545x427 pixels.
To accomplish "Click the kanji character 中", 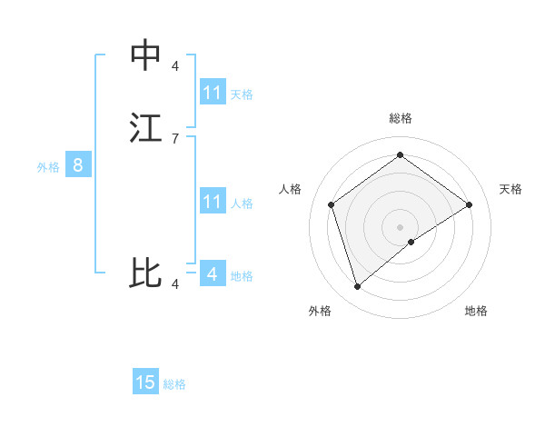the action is pyautogui.click(x=145, y=55).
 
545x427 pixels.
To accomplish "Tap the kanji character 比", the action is pyautogui.click(x=145, y=273).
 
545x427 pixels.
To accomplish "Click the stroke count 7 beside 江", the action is pyautogui.click(x=174, y=138).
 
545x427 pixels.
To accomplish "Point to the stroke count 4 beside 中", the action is pyautogui.click(x=174, y=66).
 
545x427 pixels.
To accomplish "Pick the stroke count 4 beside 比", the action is pyautogui.click(x=174, y=284).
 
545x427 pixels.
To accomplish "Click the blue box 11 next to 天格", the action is pyautogui.click(x=213, y=93).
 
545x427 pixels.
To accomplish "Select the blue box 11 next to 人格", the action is pyautogui.click(x=213, y=202).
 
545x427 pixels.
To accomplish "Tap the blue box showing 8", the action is pyautogui.click(x=78, y=166).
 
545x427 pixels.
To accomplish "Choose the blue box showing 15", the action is pyautogui.click(x=145, y=382).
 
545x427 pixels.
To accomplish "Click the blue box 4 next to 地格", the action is pyautogui.click(x=213, y=273).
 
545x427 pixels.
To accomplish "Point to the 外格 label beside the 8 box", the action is pyautogui.click(x=48, y=167).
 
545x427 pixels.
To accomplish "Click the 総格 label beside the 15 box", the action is pyautogui.click(x=174, y=384).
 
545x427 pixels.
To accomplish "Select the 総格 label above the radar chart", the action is pyautogui.click(x=400, y=119).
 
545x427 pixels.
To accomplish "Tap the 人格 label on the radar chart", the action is pyautogui.click(x=291, y=189).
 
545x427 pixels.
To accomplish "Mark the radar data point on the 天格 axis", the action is pyautogui.click(x=469, y=204).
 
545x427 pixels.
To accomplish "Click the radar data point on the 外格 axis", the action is pyautogui.click(x=357, y=287).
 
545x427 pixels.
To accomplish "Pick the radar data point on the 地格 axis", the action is pyautogui.click(x=411, y=242).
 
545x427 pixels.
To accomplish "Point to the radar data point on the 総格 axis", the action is pyautogui.click(x=400, y=154).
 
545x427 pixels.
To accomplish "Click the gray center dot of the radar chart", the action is pyautogui.click(x=400, y=226).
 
